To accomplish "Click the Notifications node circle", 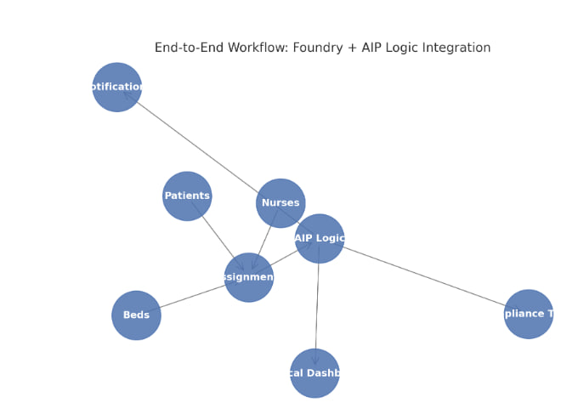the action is click(117, 87).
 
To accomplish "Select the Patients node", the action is click(187, 196).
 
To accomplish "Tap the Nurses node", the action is click(280, 202).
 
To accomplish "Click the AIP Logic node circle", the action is click(320, 238).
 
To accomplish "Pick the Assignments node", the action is click(249, 277).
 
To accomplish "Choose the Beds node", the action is click(136, 315).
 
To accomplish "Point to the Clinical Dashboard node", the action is click(314, 372).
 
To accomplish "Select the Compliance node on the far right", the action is click(528, 314).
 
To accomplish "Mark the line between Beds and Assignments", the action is click(191, 297).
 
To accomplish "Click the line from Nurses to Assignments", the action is click(266, 237).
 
